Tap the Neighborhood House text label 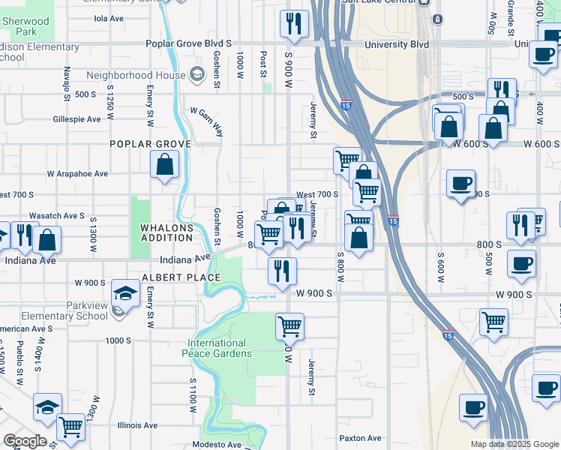point(136,75)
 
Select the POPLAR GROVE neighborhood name point(150,143)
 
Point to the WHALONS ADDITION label point(167,232)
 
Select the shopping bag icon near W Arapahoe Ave point(164,164)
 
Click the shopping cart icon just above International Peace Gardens point(289,327)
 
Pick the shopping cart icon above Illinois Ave point(70,427)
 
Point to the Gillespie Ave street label point(76,119)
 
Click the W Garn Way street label point(206,121)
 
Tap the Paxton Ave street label point(360,438)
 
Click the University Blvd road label point(397,44)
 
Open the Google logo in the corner point(25,441)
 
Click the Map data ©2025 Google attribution point(514,444)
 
